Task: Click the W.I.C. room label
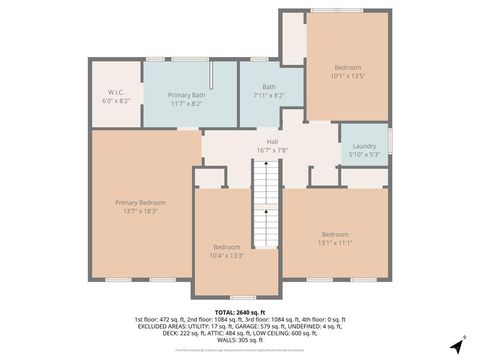(115, 94)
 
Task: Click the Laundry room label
(363, 146)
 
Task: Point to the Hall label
(272, 142)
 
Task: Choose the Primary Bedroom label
(140, 202)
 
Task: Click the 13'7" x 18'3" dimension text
(140, 211)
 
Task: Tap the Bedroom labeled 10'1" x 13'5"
(348, 67)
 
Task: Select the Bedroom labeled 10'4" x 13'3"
(227, 247)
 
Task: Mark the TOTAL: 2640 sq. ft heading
(240, 312)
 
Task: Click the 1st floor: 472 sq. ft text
(161, 318)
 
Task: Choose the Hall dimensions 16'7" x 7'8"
(272, 150)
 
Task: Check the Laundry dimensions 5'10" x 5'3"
(363, 154)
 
